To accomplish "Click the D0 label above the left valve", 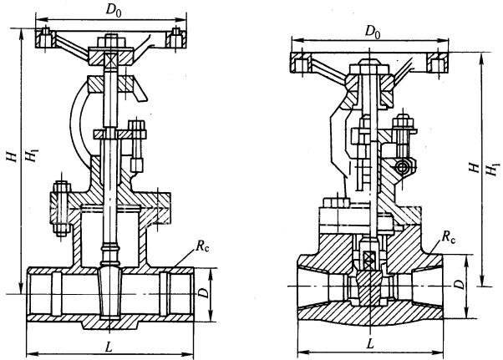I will (x=112, y=11).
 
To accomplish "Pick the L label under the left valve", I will (x=111, y=345).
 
